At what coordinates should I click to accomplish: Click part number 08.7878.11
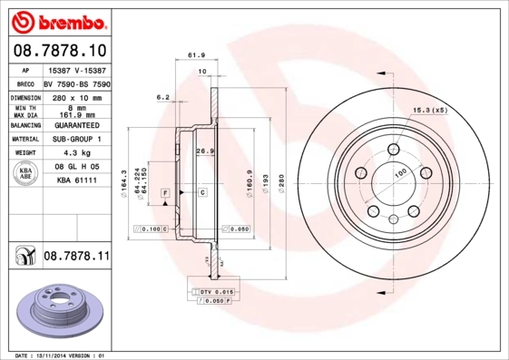(x=76, y=258)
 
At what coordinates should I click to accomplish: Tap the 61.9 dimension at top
(x=194, y=55)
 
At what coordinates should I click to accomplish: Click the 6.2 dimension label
(x=163, y=96)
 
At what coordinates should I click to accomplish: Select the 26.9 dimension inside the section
(x=204, y=151)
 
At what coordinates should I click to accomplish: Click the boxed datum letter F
(x=166, y=193)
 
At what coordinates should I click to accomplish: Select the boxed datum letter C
(x=202, y=193)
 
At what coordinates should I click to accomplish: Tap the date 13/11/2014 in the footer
(x=65, y=355)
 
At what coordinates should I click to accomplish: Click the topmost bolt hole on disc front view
(x=394, y=151)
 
